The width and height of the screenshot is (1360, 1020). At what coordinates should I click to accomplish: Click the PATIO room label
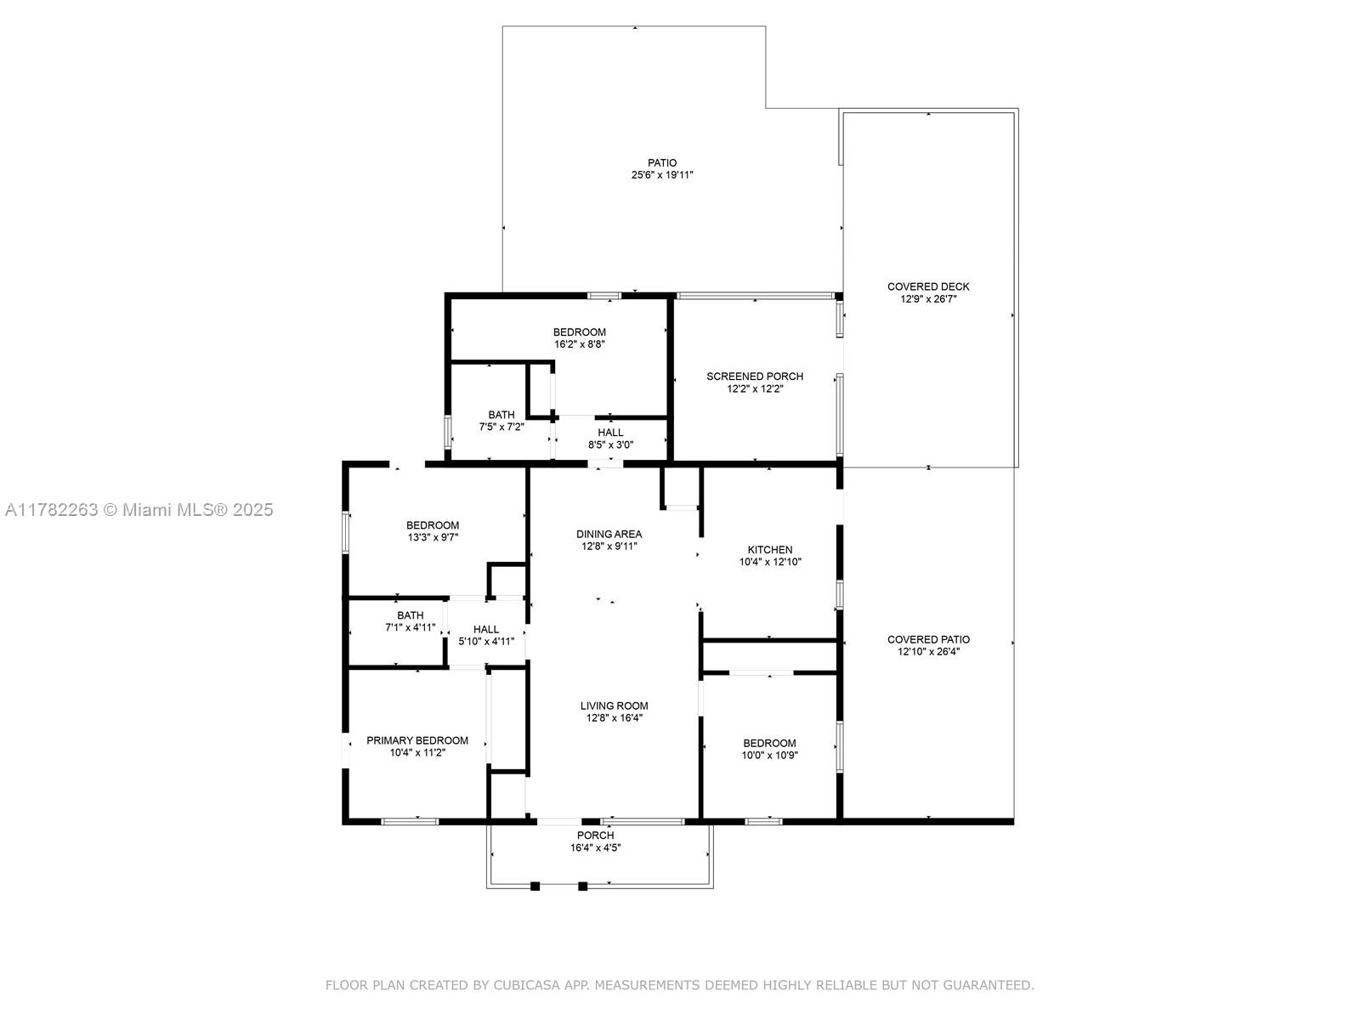[x=661, y=163]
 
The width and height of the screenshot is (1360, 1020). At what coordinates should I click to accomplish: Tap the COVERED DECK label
[x=927, y=286]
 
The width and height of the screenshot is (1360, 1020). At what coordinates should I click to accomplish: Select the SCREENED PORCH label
[x=754, y=377]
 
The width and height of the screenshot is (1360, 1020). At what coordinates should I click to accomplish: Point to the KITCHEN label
[x=769, y=550]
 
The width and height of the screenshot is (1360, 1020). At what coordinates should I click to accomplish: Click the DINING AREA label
[x=609, y=535]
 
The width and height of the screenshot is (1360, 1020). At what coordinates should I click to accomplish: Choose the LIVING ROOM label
[x=614, y=706]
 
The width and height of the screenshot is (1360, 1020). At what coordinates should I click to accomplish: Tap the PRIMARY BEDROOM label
[x=417, y=740]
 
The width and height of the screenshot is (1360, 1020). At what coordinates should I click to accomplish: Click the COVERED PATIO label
[x=928, y=640]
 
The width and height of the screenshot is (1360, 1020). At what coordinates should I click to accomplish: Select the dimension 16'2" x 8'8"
[x=579, y=344]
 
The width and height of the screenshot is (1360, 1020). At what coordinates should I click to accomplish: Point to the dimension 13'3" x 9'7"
[x=433, y=537]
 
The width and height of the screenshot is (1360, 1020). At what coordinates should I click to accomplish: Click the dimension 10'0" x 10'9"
[x=769, y=756]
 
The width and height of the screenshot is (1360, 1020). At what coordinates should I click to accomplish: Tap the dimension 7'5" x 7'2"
[x=501, y=428]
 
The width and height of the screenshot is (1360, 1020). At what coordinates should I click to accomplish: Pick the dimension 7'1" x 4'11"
[x=411, y=627]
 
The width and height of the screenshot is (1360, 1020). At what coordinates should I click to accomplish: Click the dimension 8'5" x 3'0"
[x=610, y=445]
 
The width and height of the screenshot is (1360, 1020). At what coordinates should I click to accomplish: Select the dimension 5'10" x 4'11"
[x=485, y=642]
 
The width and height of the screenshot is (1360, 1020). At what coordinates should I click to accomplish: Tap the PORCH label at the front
[x=596, y=836]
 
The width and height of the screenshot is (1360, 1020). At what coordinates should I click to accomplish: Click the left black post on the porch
[x=535, y=887]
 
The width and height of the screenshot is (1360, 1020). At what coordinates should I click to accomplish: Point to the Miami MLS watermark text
[x=139, y=510]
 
